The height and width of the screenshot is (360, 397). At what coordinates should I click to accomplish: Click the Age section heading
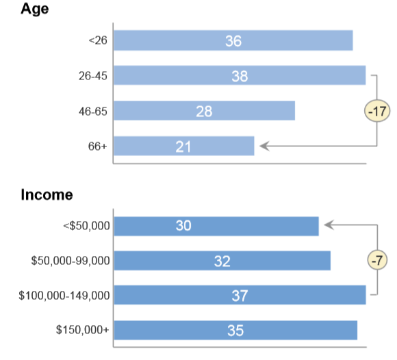35,9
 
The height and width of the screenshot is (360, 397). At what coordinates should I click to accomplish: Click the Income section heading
47,194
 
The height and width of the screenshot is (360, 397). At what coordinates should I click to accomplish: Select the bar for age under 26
233,40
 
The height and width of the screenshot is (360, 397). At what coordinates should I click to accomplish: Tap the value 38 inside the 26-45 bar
240,76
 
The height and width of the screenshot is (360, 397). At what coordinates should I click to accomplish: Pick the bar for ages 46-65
205,111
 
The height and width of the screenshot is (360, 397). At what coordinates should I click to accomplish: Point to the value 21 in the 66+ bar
183,146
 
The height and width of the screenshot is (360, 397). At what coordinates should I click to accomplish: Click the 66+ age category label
97,146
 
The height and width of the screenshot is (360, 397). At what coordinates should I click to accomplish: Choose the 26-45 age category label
93,76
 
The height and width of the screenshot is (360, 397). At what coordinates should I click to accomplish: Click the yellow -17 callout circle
377,111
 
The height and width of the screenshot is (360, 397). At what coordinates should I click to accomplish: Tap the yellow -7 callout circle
377,260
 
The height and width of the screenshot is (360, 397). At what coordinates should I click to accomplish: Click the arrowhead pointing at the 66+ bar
265,146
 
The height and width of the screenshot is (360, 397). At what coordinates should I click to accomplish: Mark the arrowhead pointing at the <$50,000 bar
329,224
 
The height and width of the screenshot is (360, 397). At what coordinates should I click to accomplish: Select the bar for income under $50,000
216,226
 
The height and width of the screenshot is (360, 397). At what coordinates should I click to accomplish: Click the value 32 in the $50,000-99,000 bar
222,261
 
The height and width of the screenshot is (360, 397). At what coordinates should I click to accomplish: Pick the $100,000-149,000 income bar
240,295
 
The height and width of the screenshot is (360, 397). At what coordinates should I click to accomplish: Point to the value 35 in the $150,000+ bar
235,331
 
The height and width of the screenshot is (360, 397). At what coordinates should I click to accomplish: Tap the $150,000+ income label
83,330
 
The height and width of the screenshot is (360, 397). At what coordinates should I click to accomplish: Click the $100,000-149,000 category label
64,296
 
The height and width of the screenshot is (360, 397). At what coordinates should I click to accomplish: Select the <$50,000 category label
86,226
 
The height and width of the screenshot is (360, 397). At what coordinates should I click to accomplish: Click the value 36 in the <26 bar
233,41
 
